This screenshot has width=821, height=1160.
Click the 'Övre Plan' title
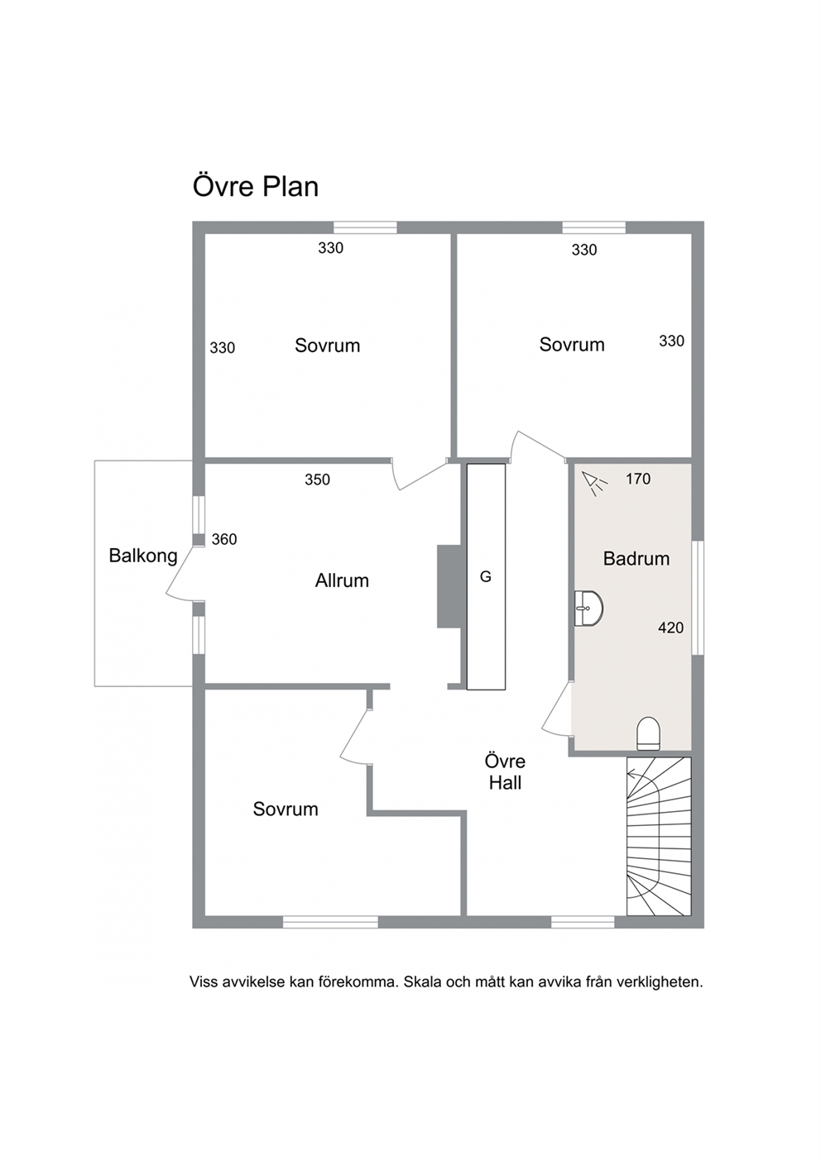(x=256, y=187)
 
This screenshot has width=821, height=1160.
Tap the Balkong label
(x=143, y=556)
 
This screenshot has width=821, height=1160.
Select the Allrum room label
(x=342, y=580)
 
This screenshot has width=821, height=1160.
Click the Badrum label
(x=636, y=558)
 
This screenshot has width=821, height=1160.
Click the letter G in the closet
(x=486, y=576)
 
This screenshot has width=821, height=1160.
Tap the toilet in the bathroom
(x=649, y=733)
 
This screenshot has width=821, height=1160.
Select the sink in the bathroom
(x=588, y=609)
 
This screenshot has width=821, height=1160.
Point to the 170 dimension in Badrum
(x=638, y=479)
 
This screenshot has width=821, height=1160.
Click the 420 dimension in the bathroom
(x=670, y=628)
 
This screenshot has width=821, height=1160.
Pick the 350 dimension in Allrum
(x=317, y=480)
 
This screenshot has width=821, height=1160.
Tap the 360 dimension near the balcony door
(x=224, y=540)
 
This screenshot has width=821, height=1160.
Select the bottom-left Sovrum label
(x=286, y=809)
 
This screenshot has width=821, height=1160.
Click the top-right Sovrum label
(x=572, y=345)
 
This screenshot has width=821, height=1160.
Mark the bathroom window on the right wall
(x=698, y=598)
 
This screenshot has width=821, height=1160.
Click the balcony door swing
(x=181, y=575)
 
